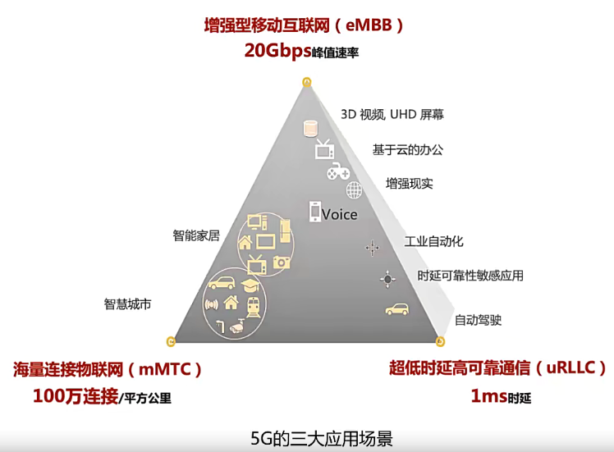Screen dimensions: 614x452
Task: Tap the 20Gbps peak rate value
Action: point(277,50)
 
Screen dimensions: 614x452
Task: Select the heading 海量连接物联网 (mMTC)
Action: point(107,369)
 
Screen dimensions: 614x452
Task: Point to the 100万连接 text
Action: point(76,396)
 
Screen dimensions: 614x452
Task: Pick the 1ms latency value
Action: point(488,396)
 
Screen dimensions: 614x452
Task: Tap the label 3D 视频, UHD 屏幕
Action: point(392,114)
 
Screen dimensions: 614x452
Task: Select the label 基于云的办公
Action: point(407,149)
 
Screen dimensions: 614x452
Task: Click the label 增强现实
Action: point(409,183)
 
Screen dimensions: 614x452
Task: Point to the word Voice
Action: point(339,214)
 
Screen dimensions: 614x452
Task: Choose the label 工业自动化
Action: point(433,241)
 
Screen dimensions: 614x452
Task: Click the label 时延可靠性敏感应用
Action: point(470,276)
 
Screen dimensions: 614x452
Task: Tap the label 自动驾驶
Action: point(478,320)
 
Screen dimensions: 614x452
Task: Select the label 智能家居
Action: point(196,235)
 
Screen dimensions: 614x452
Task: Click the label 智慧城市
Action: point(127,304)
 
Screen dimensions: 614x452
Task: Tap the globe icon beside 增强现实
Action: point(354,190)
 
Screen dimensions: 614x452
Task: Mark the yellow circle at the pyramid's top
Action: point(306,81)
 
